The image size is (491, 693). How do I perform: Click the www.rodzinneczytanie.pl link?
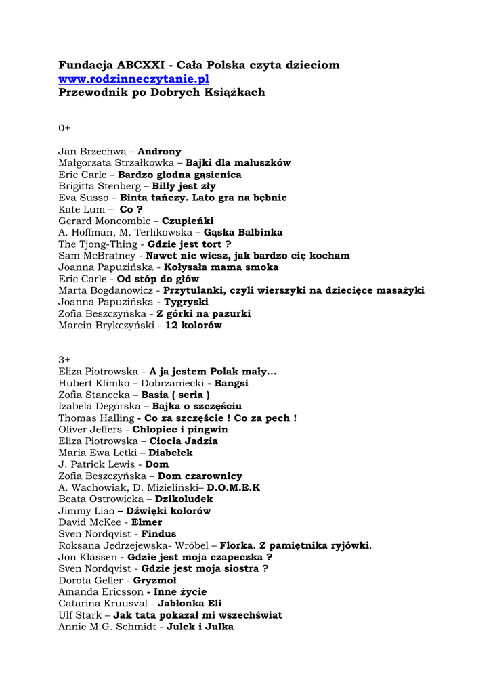[133, 79]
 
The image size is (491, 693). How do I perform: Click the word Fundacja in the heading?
[85, 65]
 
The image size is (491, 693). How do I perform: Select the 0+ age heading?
[64, 128]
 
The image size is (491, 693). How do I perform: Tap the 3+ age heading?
[64, 359]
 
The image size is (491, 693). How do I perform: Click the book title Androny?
[159, 152]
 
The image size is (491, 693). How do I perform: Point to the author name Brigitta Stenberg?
[99, 186]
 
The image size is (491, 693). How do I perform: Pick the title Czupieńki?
[188, 221]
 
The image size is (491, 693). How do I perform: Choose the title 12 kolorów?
[193, 325]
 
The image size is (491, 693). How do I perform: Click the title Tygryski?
[186, 302]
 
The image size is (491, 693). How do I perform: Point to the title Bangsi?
[232, 383]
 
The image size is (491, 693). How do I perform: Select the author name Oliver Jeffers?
[90, 429]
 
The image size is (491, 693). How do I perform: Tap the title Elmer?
[146, 522]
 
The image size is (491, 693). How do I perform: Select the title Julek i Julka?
[200, 627]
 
